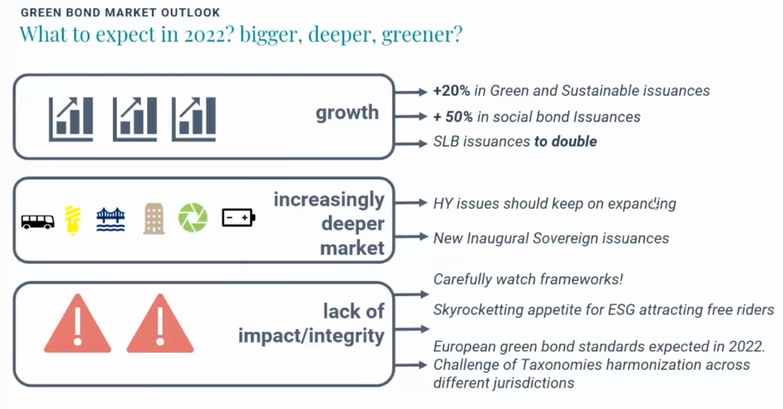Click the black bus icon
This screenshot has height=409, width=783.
click(x=38, y=221)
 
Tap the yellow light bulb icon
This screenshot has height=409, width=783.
click(x=72, y=219)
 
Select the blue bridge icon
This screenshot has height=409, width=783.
click(x=110, y=219)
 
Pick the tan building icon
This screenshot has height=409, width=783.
click(x=154, y=218)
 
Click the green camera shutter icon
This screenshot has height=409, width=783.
click(x=193, y=217)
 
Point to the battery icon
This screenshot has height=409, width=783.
click(x=239, y=217)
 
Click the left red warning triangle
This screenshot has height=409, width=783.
click(x=77, y=324)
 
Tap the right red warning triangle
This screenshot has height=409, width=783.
click(x=160, y=324)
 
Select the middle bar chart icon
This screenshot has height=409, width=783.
click(x=135, y=119)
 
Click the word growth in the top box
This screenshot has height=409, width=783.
click(x=347, y=113)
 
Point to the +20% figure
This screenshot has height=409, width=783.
click(x=452, y=90)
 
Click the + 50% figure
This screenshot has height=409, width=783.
click(x=453, y=117)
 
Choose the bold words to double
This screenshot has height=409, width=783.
click(x=566, y=142)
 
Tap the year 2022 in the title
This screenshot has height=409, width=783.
click(x=207, y=34)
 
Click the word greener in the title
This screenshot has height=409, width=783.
click(x=422, y=36)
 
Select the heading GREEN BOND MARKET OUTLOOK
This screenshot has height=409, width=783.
click(x=120, y=12)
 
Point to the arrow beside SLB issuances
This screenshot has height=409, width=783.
click(x=410, y=144)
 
